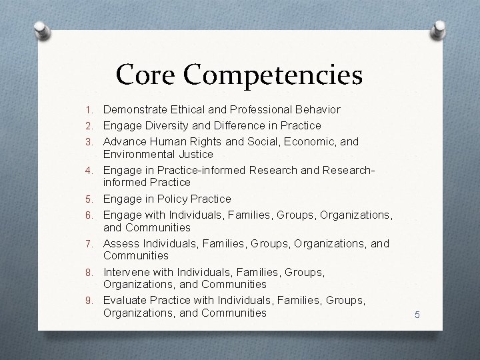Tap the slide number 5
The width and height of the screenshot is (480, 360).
[417, 314]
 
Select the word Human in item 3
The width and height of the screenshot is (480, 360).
[167, 141]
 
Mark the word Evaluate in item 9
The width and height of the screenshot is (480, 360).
[126, 300]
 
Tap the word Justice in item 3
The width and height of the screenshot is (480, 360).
[195, 155]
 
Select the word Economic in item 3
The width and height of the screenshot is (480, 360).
[309, 141]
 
